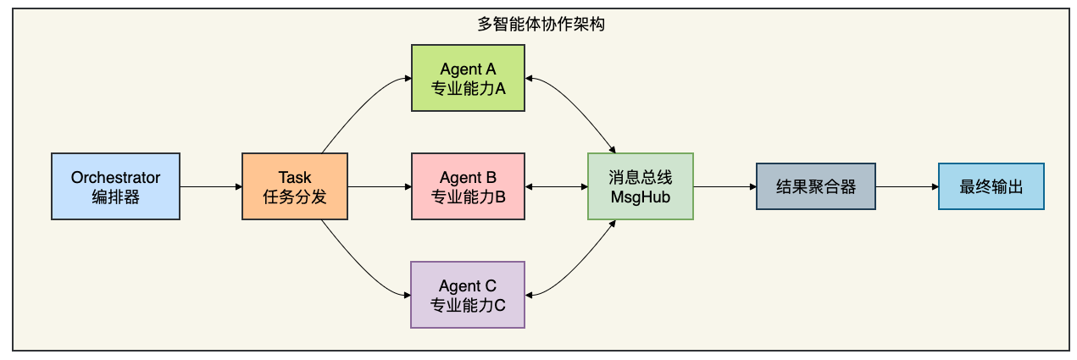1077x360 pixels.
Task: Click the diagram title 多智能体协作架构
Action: coord(541,24)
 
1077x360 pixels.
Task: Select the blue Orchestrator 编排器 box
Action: coord(116,186)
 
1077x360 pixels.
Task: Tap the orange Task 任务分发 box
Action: coord(295,186)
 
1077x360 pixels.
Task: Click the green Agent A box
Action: coord(468,78)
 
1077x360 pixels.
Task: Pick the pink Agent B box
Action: coord(468,186)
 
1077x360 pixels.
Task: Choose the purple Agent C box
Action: coord(468,295)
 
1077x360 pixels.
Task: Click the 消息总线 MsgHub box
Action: coord(641,186)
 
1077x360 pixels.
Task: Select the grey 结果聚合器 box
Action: coord(816,186)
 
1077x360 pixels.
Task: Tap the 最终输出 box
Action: coord(991,186)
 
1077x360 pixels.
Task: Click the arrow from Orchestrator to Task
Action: coord(211,186)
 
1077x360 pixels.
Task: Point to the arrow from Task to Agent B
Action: coord(380,186)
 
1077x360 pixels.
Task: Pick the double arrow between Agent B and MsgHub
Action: coord(556,186)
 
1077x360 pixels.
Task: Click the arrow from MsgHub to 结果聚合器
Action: coord(724,186)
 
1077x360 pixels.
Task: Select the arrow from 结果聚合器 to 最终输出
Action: coord(907,186)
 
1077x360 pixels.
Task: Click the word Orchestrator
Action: coord(116,177)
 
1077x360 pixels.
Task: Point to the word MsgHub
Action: coord(641,197)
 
